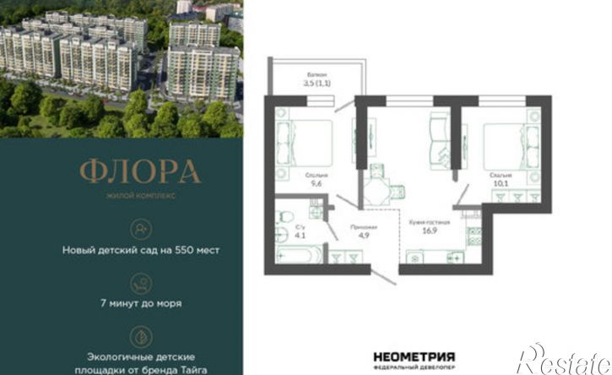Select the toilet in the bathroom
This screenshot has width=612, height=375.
click(x=284, y=214)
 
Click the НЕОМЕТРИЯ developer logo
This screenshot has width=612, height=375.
click(x=415, y=357)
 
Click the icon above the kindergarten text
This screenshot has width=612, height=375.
click(x=140, y=228)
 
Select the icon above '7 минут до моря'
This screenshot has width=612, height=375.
click(x=140, y=283)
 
